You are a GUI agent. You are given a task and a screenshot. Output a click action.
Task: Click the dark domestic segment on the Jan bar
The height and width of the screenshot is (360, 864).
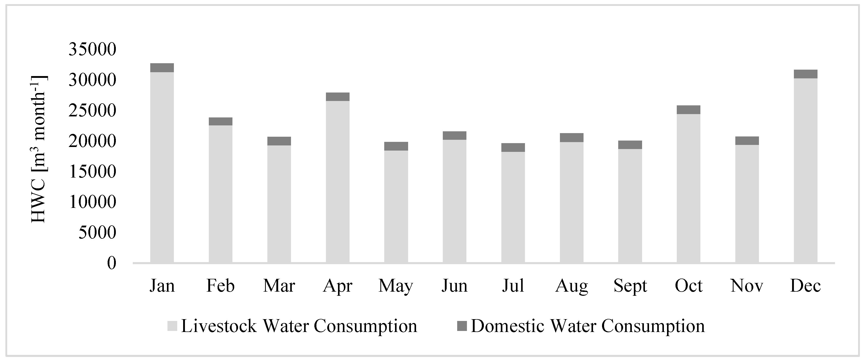(162, 67)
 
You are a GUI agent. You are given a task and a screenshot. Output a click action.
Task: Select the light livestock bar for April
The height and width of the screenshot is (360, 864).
(337, 181)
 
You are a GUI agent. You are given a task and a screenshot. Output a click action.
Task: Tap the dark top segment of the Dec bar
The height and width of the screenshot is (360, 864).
(805, 74)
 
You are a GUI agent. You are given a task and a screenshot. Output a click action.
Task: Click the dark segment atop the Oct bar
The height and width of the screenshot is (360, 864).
(688, 110)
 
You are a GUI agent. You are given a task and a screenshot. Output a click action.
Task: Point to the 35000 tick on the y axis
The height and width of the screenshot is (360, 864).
(92, 50)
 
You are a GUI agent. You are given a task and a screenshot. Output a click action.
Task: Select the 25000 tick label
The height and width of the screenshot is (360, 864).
(92, 111)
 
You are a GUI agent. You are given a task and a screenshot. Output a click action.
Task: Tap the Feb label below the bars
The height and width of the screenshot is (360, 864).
(220, 285)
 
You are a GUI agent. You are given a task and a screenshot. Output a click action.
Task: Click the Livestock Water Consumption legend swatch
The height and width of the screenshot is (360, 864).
(172, 326)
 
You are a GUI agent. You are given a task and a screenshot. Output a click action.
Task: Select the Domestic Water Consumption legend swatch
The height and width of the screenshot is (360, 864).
(462, 326)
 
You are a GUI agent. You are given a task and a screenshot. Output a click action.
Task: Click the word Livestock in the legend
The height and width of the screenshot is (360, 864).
(219, 326)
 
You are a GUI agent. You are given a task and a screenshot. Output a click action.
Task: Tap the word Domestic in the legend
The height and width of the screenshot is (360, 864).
(508, 326)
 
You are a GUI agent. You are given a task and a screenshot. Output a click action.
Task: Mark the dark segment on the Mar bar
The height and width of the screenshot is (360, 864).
(279, 141)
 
